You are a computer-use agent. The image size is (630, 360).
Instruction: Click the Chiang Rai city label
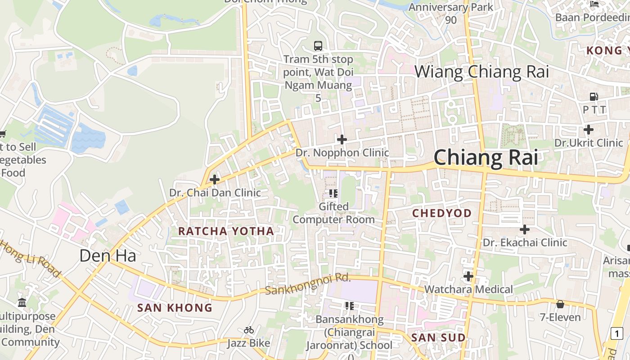[486, 157]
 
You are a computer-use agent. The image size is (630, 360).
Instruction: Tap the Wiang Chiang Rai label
[481, 72]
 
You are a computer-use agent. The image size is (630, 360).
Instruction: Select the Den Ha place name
[108, 256]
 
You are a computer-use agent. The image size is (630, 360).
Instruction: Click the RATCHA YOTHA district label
[226, 231]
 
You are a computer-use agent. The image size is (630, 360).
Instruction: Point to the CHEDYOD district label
[442, 213]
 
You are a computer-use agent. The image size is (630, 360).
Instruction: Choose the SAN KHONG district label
[175, 308]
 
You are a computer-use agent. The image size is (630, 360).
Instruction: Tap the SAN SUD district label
[438, 337]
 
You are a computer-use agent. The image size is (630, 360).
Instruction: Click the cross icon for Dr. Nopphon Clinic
[342, 139]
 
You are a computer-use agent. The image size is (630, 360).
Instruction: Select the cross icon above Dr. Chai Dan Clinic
[215, 180]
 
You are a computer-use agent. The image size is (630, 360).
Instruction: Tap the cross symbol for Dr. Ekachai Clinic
[524, 229]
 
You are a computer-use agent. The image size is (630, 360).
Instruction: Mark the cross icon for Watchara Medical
[468, 276]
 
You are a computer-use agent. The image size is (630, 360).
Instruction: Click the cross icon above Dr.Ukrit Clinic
[588, 130]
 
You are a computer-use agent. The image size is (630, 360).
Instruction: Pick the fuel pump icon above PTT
[594, 96]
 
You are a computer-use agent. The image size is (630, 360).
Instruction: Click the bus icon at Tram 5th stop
[318, 45]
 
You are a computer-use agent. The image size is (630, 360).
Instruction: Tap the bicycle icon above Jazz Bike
[248, 330]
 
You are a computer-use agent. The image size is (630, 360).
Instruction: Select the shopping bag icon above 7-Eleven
[560, 305]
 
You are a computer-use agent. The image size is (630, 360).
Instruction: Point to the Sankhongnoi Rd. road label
[307, 284]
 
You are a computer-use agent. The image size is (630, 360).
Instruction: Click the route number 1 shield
[616, 333]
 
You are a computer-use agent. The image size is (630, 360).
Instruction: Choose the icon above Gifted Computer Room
[333, 193]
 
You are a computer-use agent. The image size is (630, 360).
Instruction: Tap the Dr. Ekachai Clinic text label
[525, 243]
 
